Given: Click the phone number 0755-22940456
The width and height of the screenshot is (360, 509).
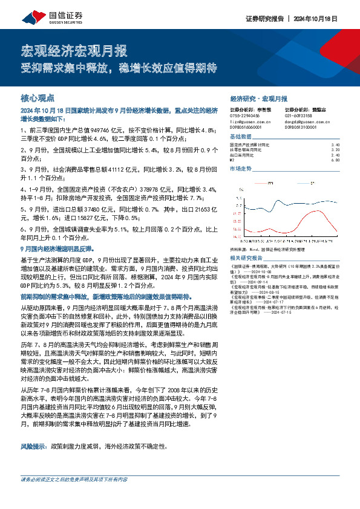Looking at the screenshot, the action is [245, 115].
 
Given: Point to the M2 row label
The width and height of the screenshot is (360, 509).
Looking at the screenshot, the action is [233, 160].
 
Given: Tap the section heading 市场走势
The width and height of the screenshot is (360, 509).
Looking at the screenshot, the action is [241, 169].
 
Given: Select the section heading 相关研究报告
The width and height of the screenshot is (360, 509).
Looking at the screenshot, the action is [246, 256].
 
